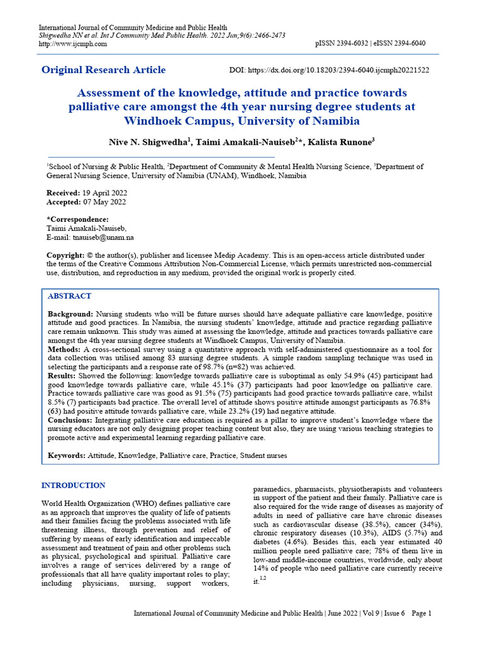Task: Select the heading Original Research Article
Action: (104, 70)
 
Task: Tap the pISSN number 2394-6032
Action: (353, 43)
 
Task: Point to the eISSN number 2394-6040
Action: (405, 43)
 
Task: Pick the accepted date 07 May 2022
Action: (103, 202)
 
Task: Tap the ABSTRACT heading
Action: (70, 295)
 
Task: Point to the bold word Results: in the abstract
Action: (62, 375)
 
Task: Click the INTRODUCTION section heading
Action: (73, 485)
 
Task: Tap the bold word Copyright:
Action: (67, 255)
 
